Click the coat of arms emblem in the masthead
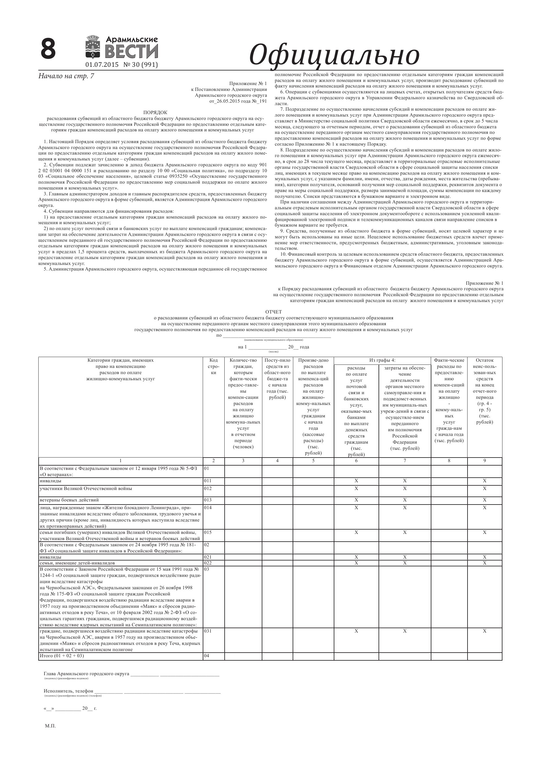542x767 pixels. [x=94, y=48]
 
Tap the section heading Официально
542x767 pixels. [x=334, y=54]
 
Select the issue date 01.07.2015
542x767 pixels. [x=102, y=65]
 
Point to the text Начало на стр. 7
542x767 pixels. [x=66, y=76]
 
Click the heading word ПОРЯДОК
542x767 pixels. [x=155, y=113]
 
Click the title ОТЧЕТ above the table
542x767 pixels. [x=273, y=312]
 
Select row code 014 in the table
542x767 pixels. [x=208, y=507]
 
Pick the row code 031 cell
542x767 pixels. [x=208, y=631]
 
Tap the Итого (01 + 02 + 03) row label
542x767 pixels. [x=62, y=656]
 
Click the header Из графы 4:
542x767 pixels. [x=382, y=360]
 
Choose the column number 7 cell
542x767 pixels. [x=404, y=461]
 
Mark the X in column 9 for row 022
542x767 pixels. [x=484, y=563]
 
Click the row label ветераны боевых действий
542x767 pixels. [x=69, y=500]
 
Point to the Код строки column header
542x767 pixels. [x=214, y=366]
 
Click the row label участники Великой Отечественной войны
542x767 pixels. [x=86, y=488]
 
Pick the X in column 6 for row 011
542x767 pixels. [x=356, y=481]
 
